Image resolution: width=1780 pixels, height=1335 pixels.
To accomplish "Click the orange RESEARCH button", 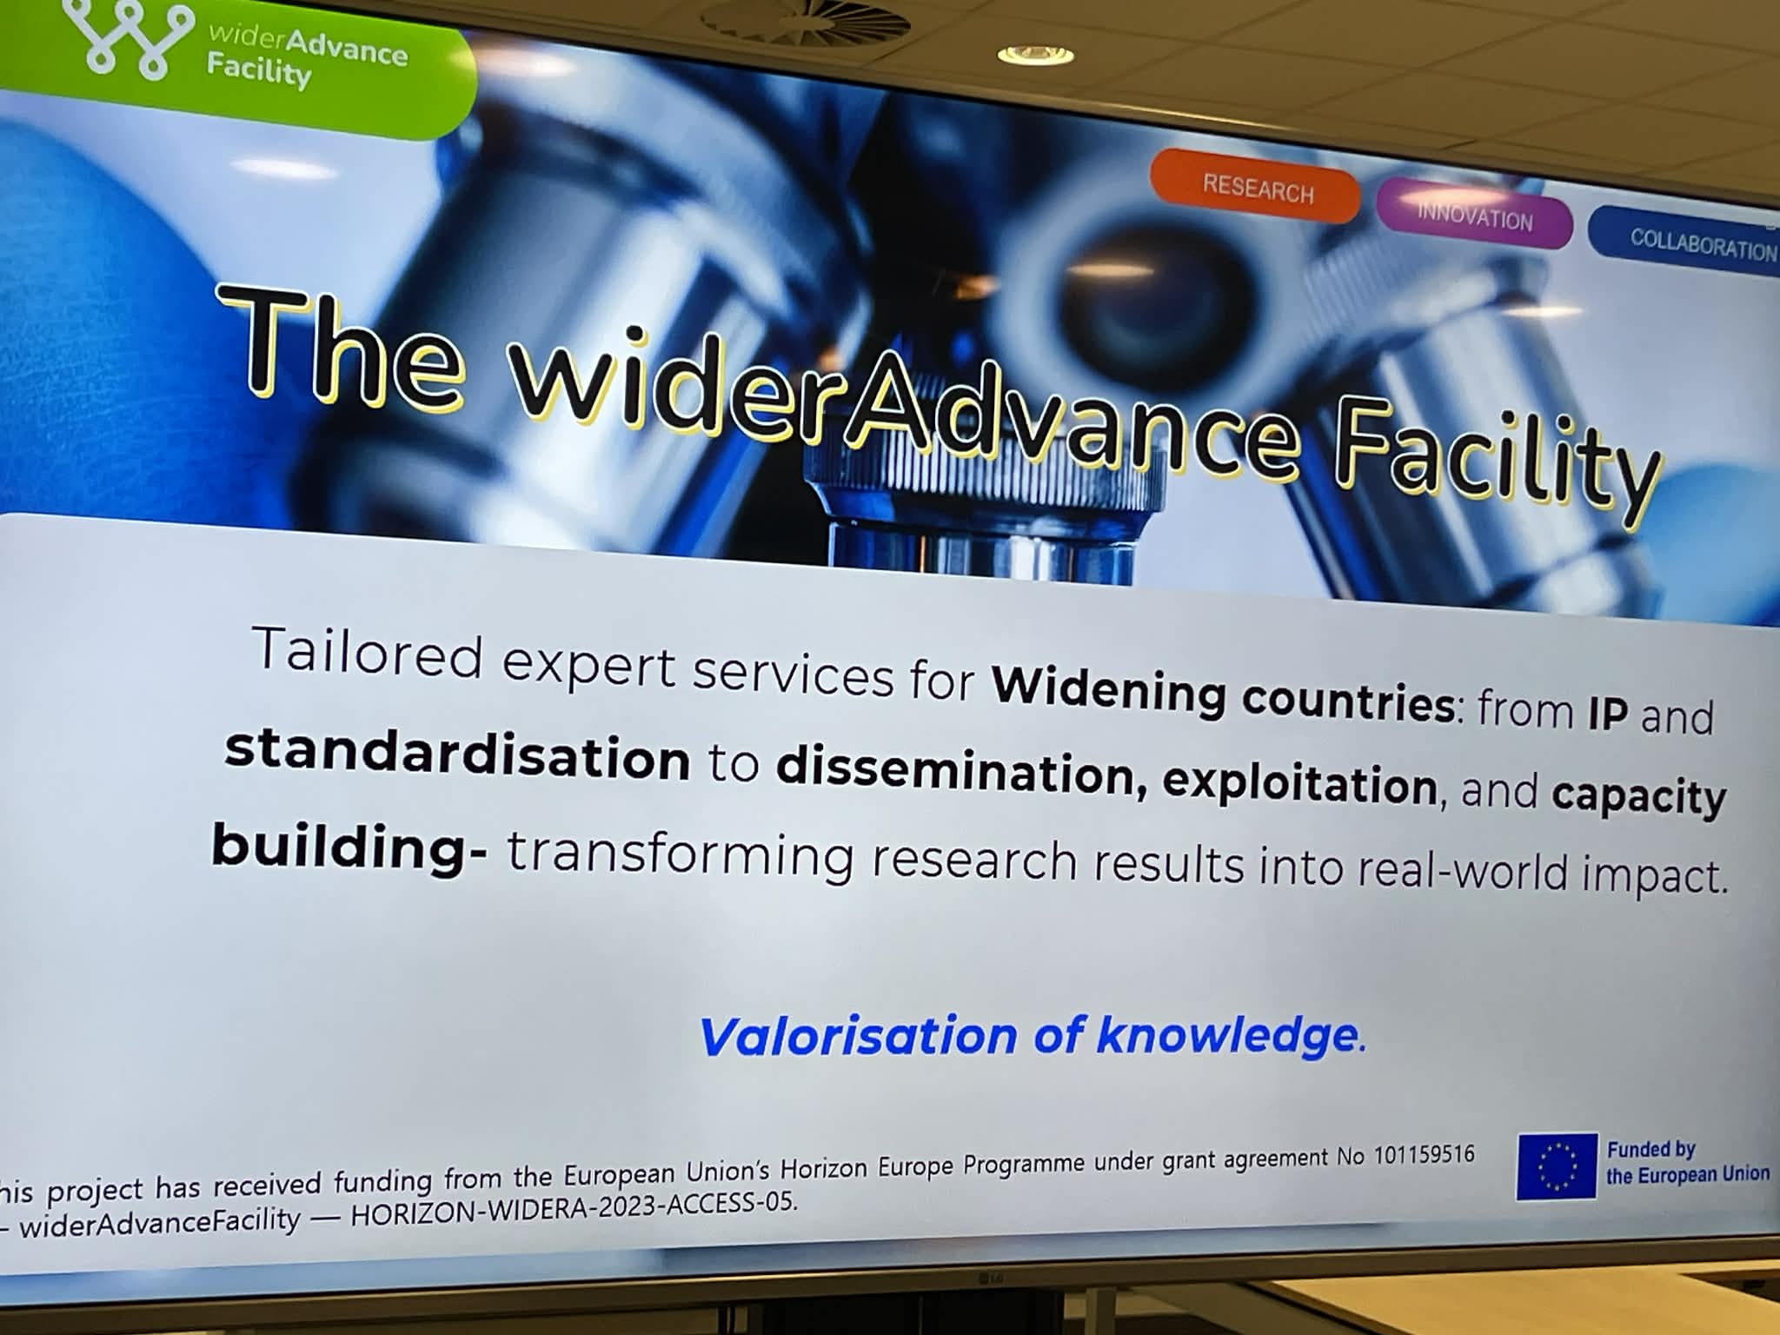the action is (x=1255, y=186).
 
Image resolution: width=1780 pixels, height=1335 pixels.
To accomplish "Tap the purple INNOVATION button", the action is (x=1475, y=214).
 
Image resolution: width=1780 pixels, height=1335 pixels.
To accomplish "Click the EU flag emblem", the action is (x=1557, y=1166).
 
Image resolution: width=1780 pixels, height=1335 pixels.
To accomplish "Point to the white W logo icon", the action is (x=129, y=38).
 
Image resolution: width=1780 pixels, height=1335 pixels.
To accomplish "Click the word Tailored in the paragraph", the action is (x=367, y=652).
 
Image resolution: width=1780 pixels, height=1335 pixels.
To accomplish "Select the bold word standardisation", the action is (x=457, y=754).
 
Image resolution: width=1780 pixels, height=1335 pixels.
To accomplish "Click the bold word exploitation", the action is (x=1300, y=784).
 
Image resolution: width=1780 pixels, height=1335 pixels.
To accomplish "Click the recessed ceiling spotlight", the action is (x=1035, y=55).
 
